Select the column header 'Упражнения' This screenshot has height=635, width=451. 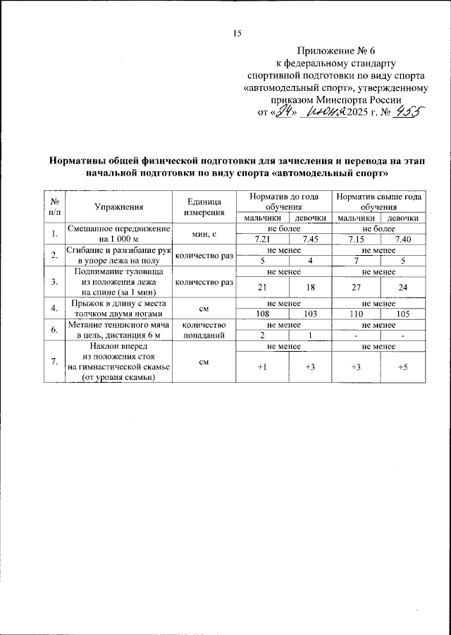point(119,207)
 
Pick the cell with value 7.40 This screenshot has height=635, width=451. point(403,240)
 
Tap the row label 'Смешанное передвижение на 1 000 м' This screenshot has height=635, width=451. point(119,235)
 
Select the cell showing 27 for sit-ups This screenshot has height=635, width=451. point(357,288)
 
